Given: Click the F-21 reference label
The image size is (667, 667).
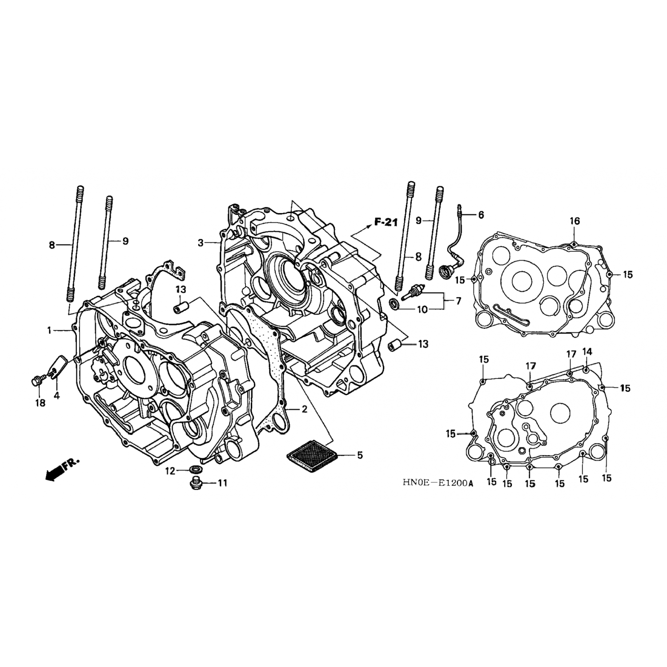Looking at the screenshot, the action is click(386, 223).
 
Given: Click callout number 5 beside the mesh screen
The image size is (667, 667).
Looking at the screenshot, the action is click(360, 455).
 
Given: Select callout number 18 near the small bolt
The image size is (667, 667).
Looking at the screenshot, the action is click(40, 403).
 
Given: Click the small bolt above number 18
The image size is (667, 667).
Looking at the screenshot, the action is click(37, 380).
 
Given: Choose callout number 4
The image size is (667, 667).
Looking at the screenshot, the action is click(57, 395).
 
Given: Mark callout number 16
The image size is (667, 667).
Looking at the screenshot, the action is click(575, 221).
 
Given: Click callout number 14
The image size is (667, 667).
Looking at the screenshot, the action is click(587, 351).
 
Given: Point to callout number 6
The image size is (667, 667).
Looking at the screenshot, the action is click(481, 215).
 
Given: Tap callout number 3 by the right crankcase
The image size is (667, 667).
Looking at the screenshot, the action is click(201, 243).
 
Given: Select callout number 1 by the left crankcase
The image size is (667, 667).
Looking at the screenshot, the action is click(50, 330).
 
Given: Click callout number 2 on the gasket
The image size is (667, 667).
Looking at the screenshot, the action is click(304, 409).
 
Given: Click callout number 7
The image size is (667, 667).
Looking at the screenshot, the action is click(458, 301).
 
